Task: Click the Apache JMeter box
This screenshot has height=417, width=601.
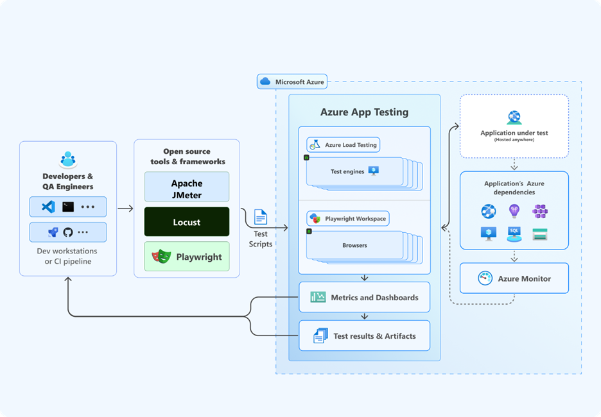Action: tap(186, 187)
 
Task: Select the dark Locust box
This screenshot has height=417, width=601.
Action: tap(186, 222)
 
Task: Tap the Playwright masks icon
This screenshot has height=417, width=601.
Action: tap(161, 257)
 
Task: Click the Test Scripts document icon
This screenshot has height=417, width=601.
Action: tap(261, 217)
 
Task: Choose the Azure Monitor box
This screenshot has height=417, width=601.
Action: tap(514, 278)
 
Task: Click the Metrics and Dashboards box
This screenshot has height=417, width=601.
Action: tap(364, 298)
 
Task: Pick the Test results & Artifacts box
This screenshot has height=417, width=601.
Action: tap(364, 336)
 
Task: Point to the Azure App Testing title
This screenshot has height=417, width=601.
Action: tap(364, 112)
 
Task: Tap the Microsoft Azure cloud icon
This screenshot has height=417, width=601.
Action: tap(265, 81)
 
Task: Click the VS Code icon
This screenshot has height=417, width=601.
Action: tap(48, 207)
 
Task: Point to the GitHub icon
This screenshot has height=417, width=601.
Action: tap(68, 232)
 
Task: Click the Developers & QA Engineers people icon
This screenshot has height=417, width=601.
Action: tap(68, 159)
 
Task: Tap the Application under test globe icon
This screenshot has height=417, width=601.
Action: tap(514, 117)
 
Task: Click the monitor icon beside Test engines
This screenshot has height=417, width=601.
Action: tap(374, 171)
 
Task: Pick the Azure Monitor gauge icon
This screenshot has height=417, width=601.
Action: tap(485, 278)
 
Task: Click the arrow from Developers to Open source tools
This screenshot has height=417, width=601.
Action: tap(125, 208)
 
